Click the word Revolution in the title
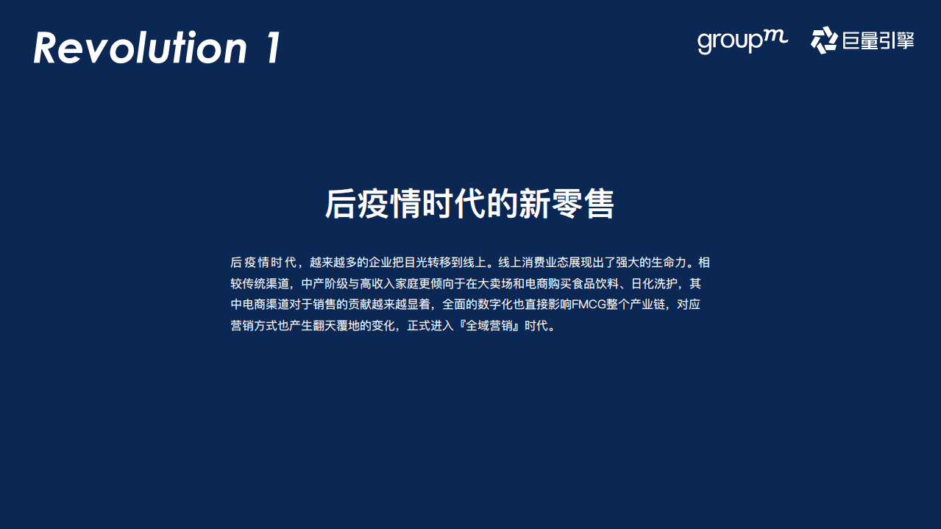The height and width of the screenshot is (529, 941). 140,48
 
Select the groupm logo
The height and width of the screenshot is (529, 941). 742,41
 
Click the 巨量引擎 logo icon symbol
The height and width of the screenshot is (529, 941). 823,40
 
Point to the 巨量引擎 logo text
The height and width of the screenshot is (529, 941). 877,41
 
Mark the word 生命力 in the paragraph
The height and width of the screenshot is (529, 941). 667,263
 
